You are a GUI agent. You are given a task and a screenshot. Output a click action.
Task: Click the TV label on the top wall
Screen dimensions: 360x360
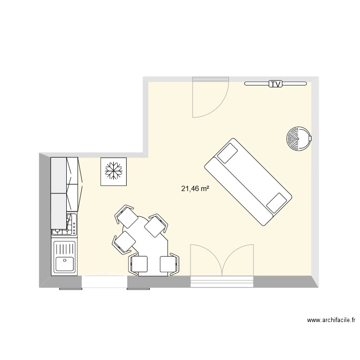[275, 84]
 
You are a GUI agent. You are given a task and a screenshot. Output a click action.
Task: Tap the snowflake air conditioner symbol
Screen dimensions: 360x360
[114, 171]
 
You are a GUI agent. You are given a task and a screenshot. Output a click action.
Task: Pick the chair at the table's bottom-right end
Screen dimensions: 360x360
[169, 264]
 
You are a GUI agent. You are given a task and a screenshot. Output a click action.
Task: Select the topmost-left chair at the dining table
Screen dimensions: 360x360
[127, 217]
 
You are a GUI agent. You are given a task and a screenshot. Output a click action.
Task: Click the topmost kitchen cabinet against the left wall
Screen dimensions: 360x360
[59, 174]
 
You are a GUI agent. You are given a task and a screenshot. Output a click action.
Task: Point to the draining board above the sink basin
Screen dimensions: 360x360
[64, 248]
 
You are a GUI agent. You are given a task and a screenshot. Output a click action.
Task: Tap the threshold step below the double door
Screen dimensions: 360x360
[222, 282]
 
